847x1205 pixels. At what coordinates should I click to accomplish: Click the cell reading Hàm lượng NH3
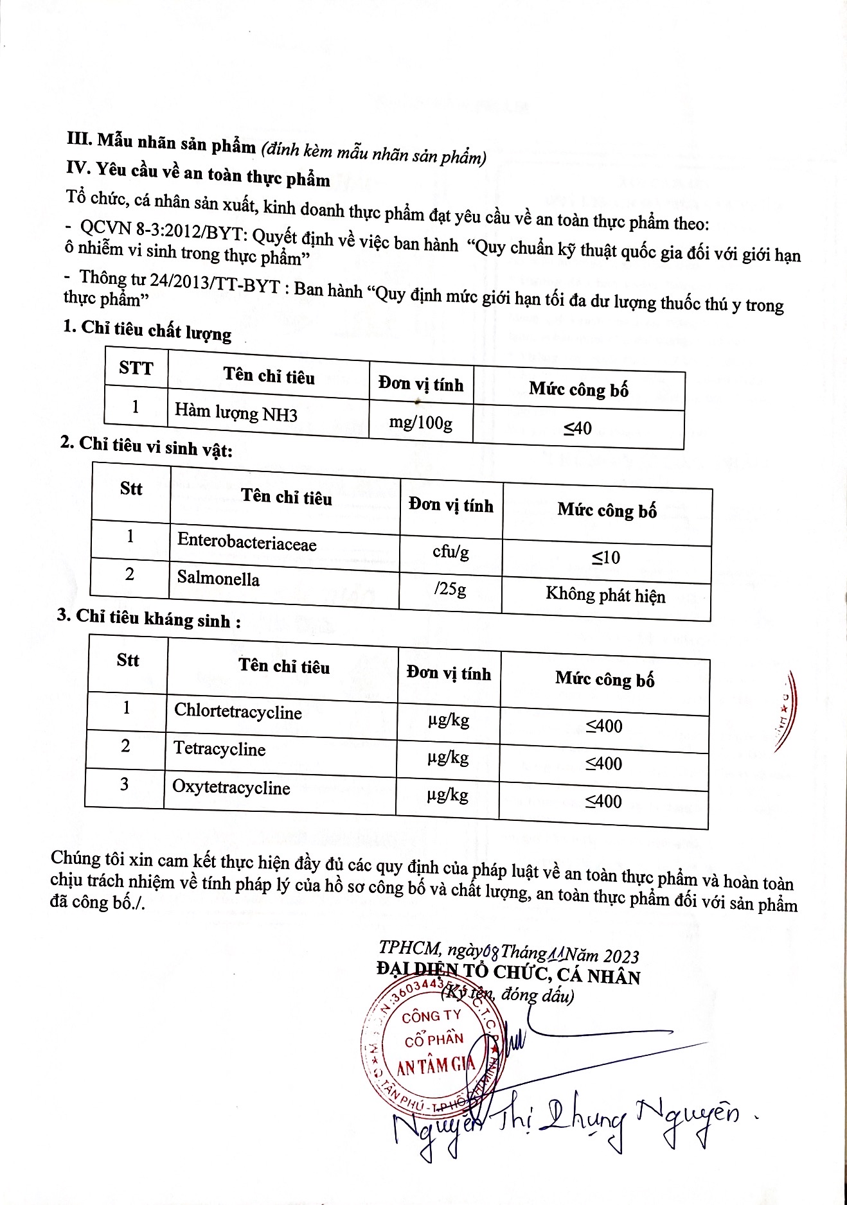[236, 412]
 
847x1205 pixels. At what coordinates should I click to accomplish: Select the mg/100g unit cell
[421, 423]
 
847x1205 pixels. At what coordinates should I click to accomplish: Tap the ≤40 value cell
[578, 428]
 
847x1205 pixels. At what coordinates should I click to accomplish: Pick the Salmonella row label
[218, 579]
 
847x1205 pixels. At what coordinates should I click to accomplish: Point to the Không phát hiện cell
[605, 595]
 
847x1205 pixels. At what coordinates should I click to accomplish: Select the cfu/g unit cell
[450, 551]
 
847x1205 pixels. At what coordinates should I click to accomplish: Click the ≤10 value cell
[606, 558]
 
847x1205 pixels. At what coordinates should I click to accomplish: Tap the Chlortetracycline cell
[238, 712]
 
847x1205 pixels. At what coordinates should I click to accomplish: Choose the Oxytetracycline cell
[231, 787]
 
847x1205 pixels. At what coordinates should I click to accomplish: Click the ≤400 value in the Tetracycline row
[603, 764]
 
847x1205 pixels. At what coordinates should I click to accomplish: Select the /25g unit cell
[450, 588]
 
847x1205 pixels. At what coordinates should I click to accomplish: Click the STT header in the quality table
[136, 368]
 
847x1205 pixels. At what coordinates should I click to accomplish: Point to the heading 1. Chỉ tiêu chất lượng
[147, 330]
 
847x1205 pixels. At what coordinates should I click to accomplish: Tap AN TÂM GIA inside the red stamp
[435, 1066]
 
